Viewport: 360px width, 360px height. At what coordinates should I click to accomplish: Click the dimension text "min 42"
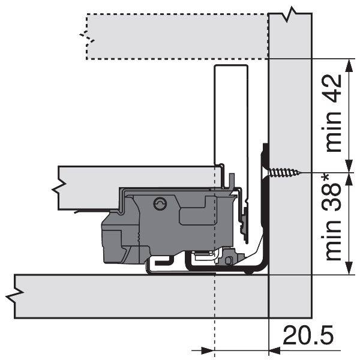coord(334,113)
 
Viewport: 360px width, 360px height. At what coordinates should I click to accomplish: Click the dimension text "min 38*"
coord(334,217)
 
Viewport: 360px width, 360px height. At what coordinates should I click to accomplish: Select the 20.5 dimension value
coord(308,335)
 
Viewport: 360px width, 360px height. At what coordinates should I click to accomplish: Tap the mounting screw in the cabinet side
coord(284,172)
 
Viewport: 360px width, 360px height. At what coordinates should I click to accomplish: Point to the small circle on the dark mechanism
coord(160,203)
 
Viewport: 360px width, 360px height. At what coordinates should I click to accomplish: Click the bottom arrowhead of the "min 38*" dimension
coord(349,268)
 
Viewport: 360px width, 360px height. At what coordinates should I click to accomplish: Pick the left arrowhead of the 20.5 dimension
coord(208,350)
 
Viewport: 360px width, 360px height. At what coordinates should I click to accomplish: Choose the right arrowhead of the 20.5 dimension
coord(275,350)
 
